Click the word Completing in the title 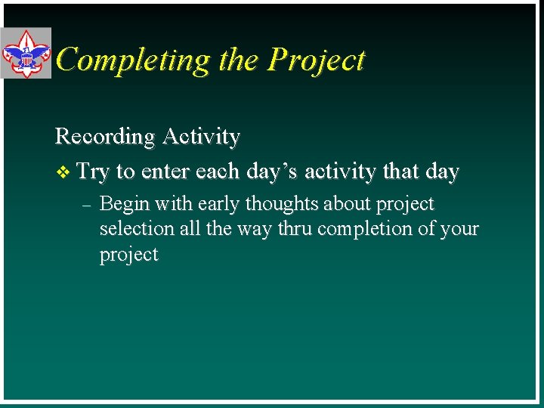(x=133, y=60)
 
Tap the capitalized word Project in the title (x=317, y=60)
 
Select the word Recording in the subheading (x=104, y=137)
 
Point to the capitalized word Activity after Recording (x=200, y=137)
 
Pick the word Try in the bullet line (x=93, y=172)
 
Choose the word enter (x=165, y=172)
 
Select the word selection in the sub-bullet (x=134, y=229)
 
